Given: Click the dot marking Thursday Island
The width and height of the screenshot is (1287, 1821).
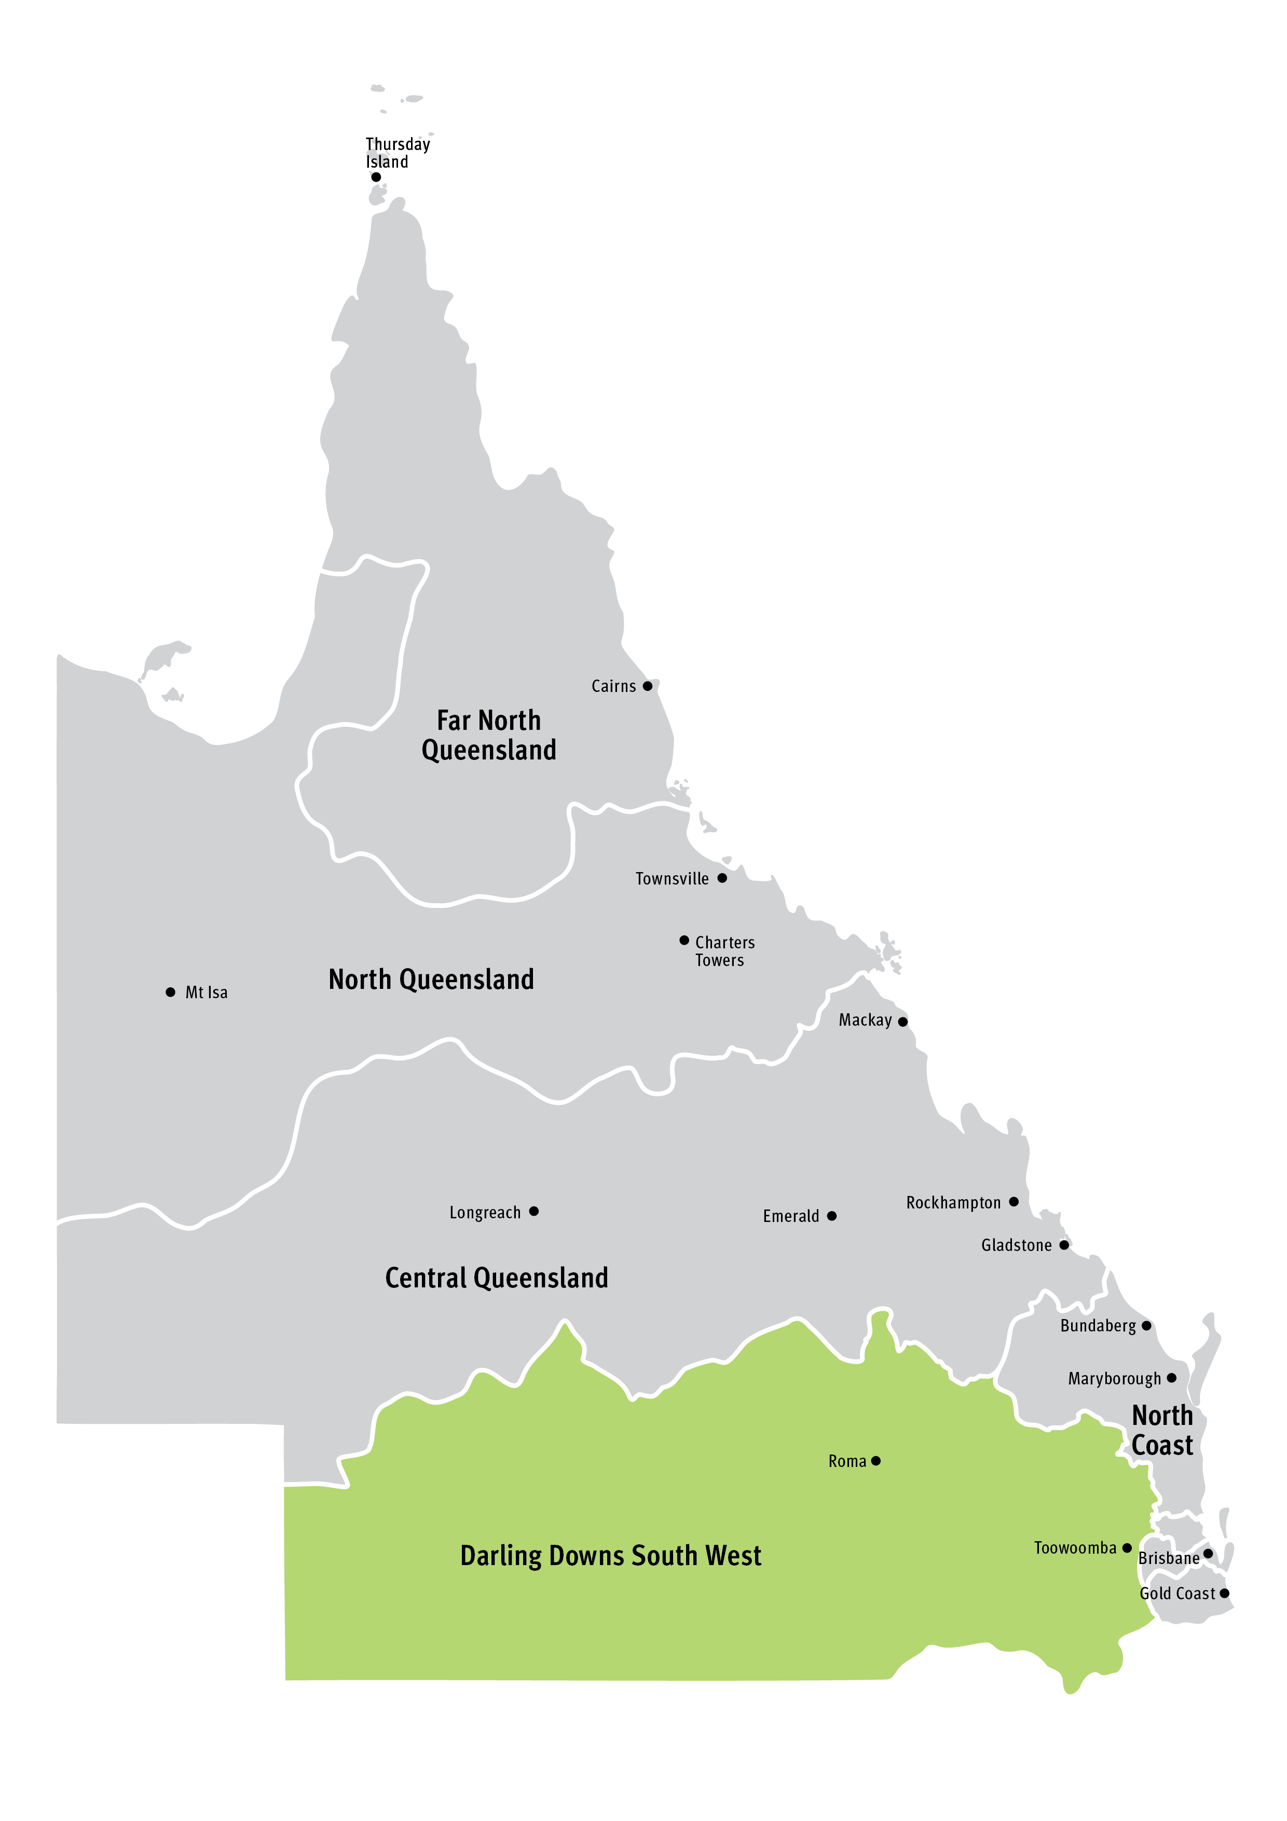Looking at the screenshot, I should tap(376, 177).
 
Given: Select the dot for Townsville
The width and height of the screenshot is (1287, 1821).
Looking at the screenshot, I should tap(722, 878).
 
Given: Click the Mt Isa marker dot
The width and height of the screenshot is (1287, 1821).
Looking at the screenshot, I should tap(171, 992).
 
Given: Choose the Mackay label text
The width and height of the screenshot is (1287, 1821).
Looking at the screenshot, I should tap(865, 1021).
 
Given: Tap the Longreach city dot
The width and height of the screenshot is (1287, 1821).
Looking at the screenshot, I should tap(533, 1211).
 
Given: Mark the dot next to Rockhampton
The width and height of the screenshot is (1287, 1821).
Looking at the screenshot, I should tap(1014, 1202).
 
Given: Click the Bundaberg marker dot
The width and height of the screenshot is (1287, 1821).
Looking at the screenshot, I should tap(1146, 1325).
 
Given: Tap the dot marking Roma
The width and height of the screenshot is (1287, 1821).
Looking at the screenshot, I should tap(875, 1461).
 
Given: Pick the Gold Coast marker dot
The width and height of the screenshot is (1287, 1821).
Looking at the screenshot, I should tap(1224, 1594).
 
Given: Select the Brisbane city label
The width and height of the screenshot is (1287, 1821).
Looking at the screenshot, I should tap(1169, 1558).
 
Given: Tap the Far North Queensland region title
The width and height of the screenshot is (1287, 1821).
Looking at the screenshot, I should tap(488, 735).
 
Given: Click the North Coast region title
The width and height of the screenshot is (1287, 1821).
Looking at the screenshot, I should tap(1162, 1431).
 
